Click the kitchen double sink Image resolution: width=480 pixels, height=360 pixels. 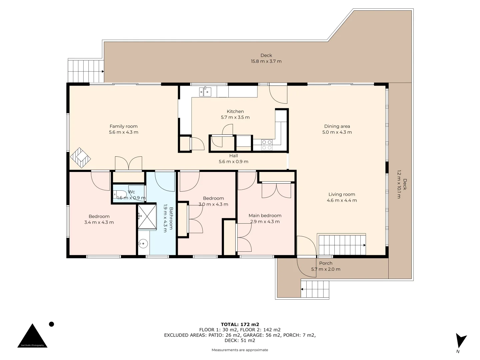205,92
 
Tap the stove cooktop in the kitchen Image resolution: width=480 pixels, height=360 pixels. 267,145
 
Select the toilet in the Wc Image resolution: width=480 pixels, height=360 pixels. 119,194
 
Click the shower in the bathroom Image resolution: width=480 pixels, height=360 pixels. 147,216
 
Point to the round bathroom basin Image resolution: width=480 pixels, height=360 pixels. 143,244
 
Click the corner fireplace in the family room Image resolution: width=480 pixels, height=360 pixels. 80,158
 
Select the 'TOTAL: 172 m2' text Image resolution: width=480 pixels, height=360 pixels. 240,324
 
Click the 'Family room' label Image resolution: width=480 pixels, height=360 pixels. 123,126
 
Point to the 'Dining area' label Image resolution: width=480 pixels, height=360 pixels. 337,126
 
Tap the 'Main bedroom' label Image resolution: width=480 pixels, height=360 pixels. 265,216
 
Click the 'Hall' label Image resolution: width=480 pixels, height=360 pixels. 233,156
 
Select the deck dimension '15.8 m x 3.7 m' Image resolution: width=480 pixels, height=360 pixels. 266,61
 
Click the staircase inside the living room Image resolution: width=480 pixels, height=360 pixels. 342,245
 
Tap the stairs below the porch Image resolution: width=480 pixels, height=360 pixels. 315,289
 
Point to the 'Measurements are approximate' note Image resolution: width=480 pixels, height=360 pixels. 240,350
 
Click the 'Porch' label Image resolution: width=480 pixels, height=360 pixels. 326,263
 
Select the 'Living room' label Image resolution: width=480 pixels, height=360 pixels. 342,194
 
